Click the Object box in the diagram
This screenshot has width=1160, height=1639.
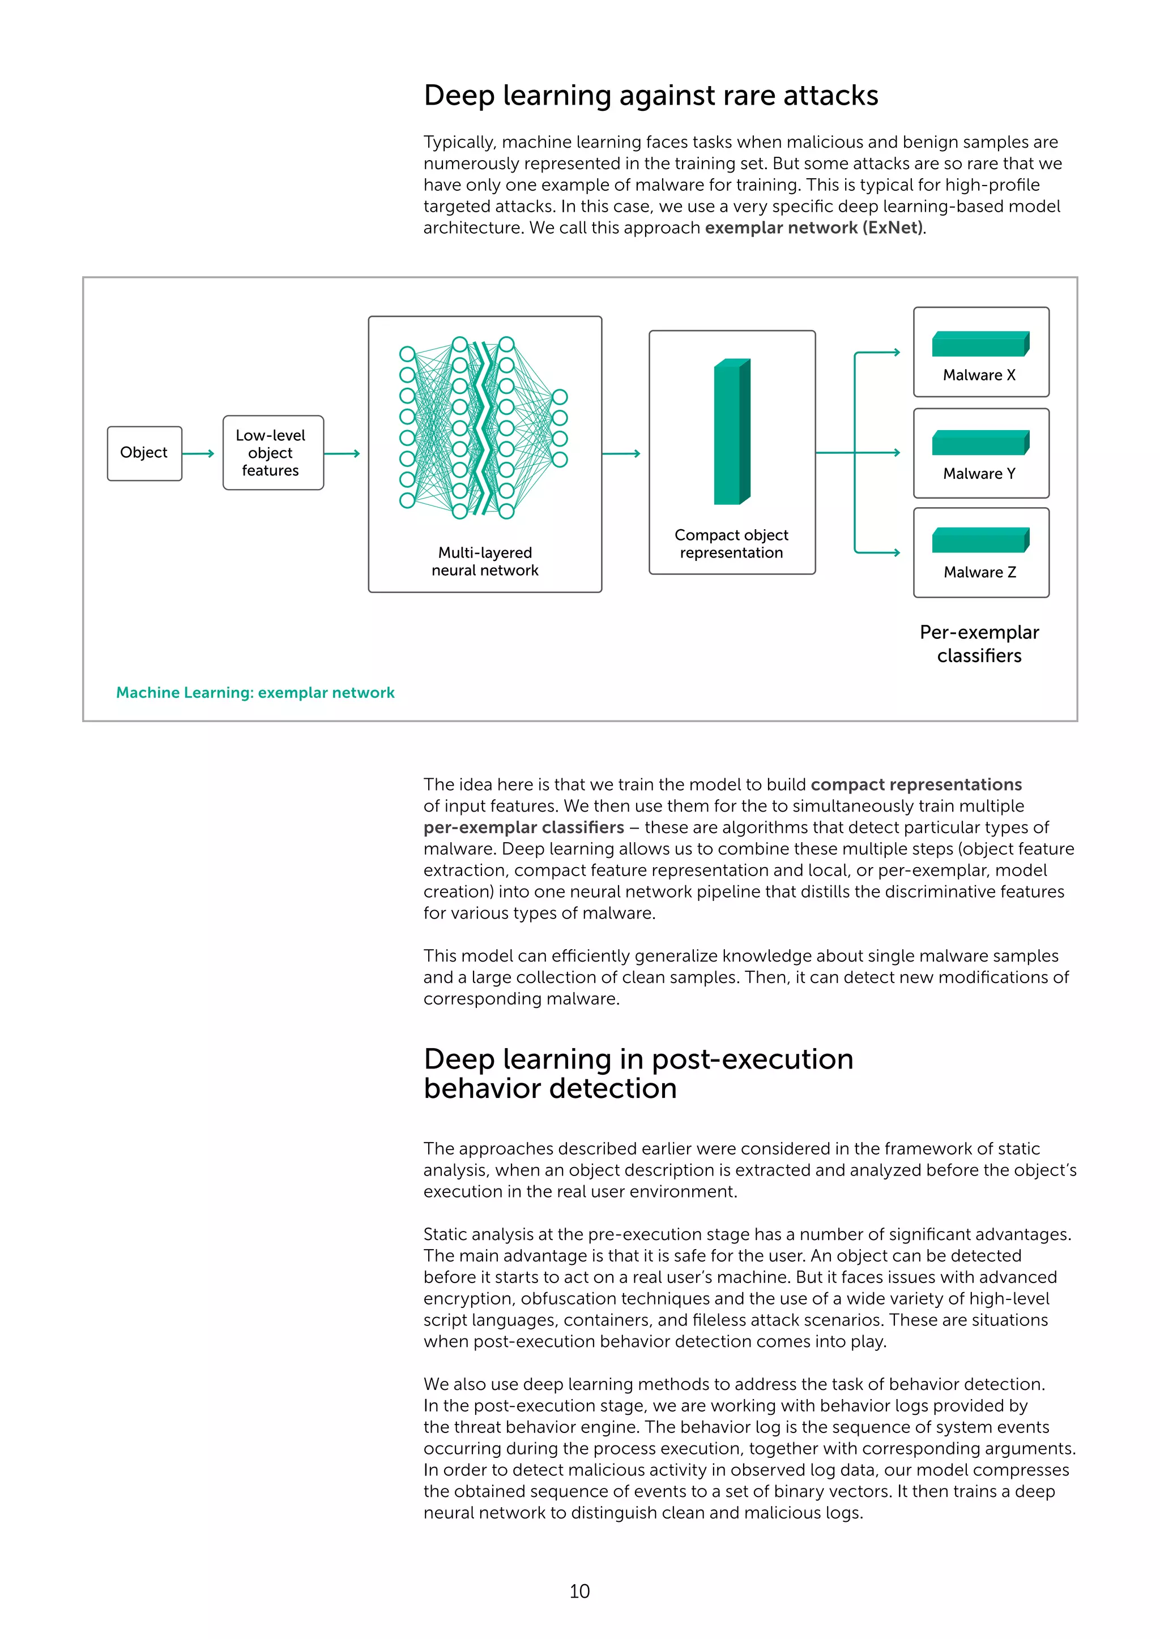coord(144,453)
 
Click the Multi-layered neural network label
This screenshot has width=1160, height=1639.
coord(485,561)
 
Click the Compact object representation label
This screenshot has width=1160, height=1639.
coord(731,543)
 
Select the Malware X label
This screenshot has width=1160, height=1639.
coord(979,375)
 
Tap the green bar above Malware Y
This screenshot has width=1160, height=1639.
coord(980,443)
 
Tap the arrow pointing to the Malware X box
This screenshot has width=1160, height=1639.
coord(878,352)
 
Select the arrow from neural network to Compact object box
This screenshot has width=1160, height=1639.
coord(621,453)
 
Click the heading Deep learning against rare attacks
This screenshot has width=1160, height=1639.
coord(651,95)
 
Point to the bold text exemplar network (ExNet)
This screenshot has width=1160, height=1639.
coord(814,228)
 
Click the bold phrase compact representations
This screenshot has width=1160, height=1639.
coord(916,784)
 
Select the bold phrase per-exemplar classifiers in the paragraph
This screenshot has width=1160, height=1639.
coord(523,827)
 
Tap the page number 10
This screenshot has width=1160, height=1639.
coord(579,1590)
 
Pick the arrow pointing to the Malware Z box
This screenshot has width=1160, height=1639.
coord(878,552)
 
